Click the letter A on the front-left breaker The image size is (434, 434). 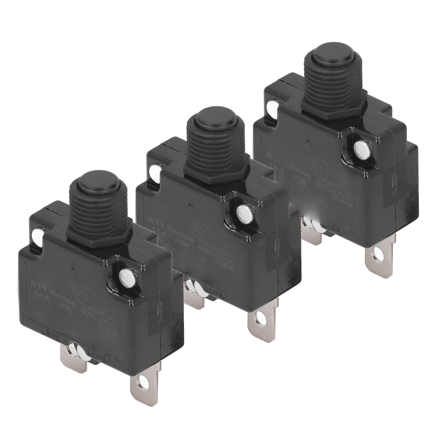click(x=72, y=268)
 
